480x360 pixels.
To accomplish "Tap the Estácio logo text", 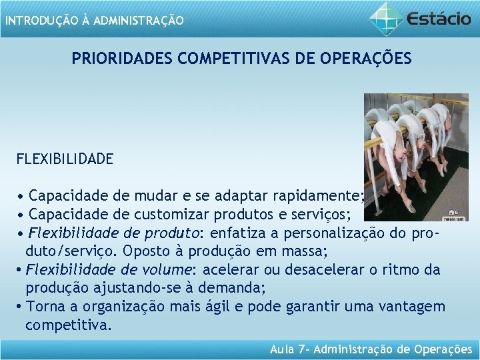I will click(439, 17).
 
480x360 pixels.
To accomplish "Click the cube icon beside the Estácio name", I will click(386, 17).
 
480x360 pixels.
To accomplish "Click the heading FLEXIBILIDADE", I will click(65, 159).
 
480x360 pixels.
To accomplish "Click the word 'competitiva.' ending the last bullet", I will click(69, 326).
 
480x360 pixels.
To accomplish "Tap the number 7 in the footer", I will click(299, 349).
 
